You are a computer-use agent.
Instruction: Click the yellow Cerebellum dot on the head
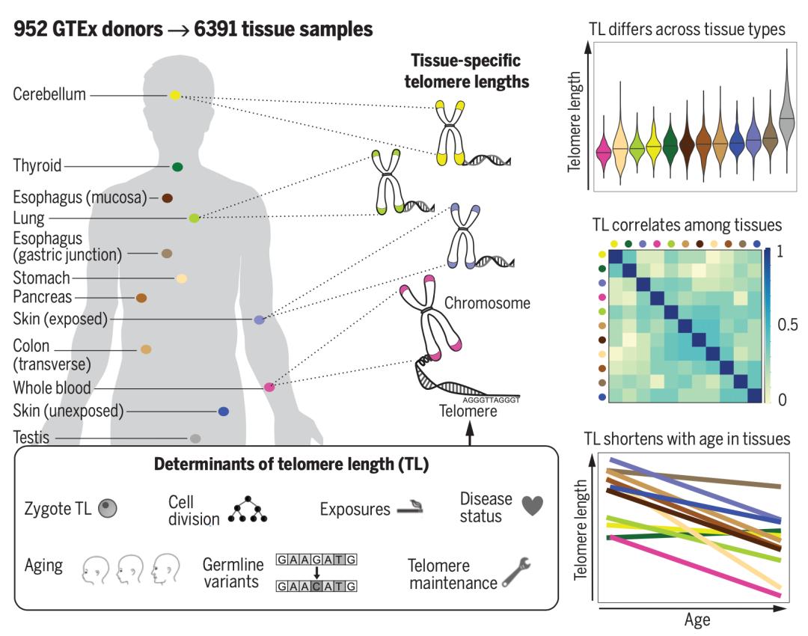(x=175, y=95)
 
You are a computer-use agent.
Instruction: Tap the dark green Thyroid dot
(x=177, y=167)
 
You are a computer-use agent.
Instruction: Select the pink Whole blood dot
(x=269, y=387)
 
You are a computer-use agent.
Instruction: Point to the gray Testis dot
(x=195, y=438)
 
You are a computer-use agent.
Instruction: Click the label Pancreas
(x=42, y=297)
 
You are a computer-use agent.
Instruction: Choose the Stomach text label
(x=41, y=278)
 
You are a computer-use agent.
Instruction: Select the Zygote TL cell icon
(x=108, y=509)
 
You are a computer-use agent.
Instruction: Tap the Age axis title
(x=697, y=620)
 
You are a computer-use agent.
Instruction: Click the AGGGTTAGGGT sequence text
(x=491, y=400)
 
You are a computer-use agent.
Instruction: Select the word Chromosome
(x=487, y=303)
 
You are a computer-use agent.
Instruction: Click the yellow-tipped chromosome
(x=450, y=132)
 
